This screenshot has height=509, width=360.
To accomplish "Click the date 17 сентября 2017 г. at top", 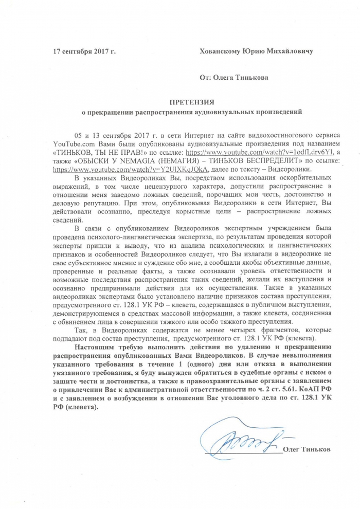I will coord(85,51).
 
